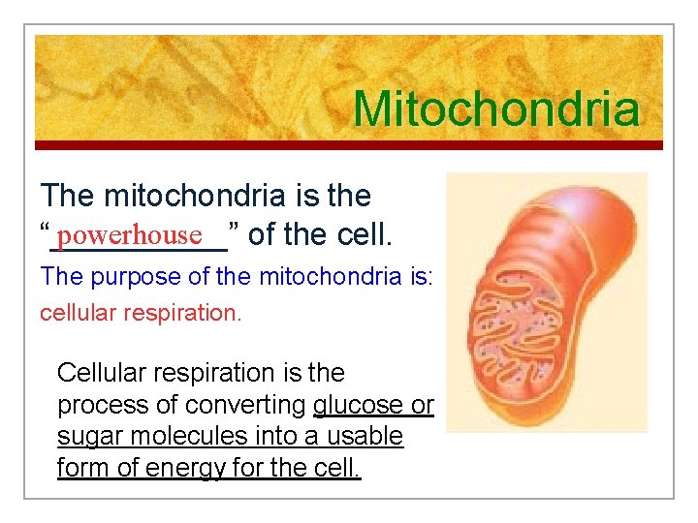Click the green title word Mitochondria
[496, 108]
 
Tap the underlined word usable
[360, 437]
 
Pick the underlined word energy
[179, 469]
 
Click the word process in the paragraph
[98, 405]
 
